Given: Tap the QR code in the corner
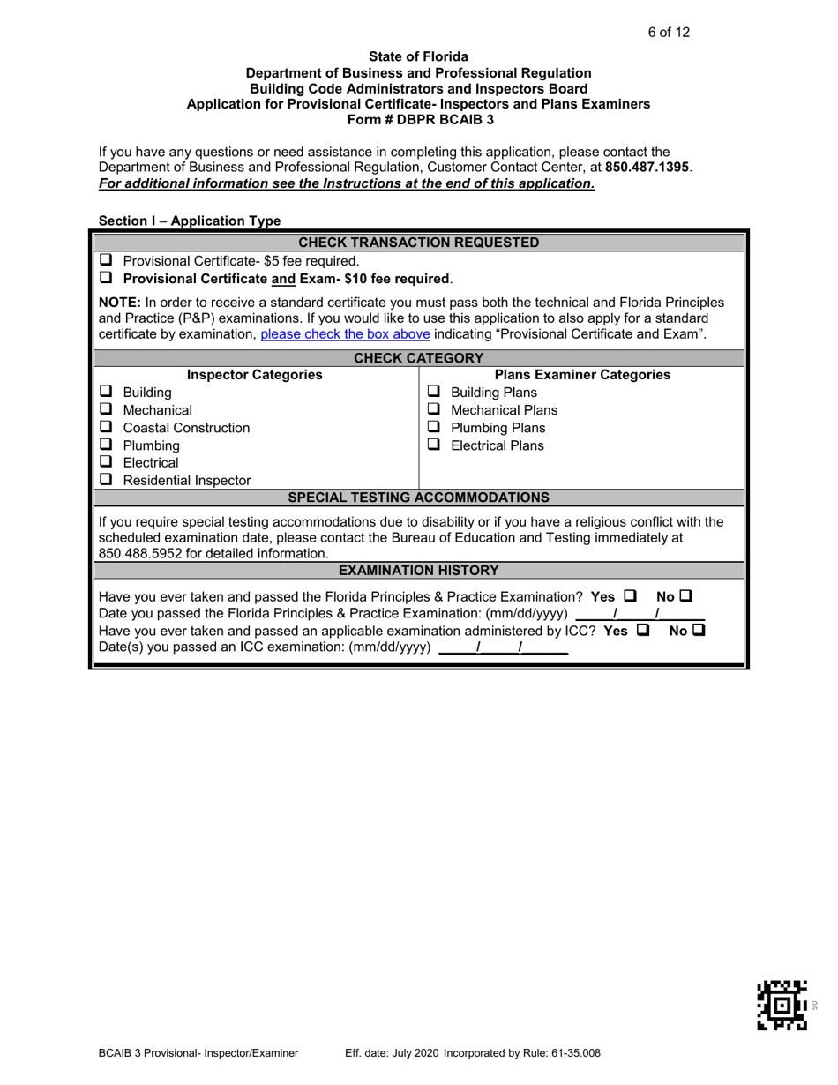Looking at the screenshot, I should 782,1005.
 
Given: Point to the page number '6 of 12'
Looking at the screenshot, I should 669,33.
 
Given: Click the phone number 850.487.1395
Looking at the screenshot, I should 647,167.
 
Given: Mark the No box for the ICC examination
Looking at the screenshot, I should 699,631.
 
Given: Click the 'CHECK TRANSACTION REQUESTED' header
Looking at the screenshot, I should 419,243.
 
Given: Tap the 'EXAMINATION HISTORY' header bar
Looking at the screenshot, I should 419,571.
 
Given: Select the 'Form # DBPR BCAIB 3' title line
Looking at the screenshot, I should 418,118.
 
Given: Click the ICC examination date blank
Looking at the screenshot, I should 503,649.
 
